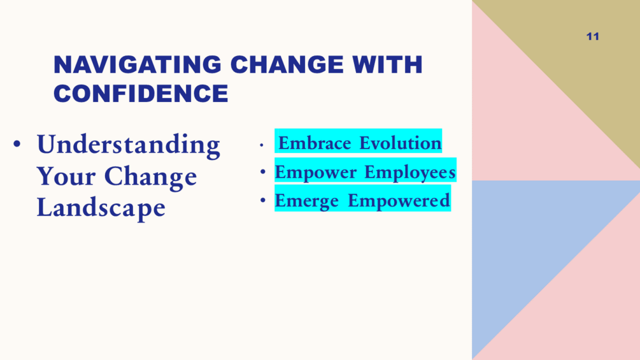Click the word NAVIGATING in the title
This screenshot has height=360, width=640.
point(137,64)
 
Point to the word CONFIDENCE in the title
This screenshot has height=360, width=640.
point(141,94)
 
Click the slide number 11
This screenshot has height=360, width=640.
point(593,37)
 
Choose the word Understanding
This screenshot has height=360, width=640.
point(128,145)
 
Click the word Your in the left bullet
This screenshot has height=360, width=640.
point(66,176)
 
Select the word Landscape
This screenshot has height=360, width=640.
point(101,208)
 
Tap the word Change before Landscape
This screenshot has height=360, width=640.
point(151,176)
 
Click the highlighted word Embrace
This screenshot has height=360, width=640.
point(315,143)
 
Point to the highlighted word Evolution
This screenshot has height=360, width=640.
point(401,143)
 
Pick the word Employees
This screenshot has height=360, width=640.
point(410,172)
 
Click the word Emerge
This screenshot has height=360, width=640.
point(306,201)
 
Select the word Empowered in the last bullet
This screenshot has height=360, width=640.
point(399,201)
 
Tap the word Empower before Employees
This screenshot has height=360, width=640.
point(315,172)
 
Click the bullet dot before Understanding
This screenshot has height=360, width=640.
point(17,143)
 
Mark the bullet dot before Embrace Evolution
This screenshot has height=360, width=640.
point(261,145)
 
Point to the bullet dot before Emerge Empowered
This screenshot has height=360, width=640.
point(263,200)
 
